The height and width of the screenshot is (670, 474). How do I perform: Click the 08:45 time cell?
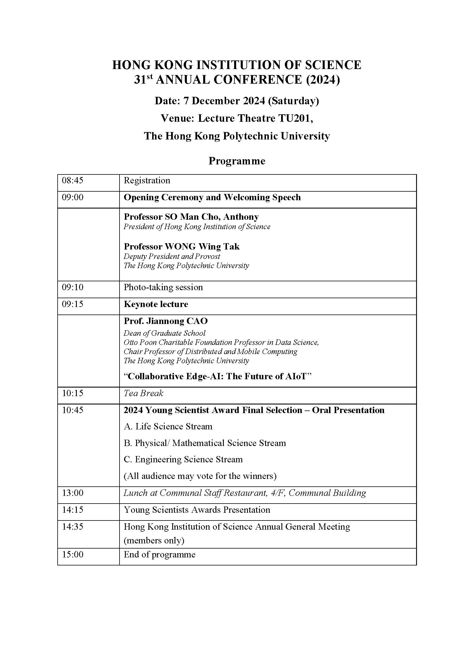pos(73,180)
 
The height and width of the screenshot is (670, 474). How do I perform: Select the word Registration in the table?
pos(147,180)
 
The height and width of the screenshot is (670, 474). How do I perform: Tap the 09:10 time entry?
pos(73,287)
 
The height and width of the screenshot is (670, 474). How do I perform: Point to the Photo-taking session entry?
pos(163,287)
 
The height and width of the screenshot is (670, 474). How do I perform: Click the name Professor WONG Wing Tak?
pos(181,247)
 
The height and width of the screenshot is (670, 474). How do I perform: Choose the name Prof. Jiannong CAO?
pos(165,321)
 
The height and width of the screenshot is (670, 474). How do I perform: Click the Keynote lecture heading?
pos(156,304)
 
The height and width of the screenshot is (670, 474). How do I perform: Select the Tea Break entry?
pos(143,393)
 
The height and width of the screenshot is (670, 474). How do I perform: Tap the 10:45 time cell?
pos(73,410)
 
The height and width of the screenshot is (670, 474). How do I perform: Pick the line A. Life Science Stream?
pos(168,426)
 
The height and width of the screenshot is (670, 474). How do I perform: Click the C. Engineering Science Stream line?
pos(183,459)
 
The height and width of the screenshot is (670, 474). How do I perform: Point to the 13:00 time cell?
pos(73,493)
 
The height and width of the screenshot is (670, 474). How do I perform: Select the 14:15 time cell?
pos(73,510)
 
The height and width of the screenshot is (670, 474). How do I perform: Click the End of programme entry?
pos(159,555)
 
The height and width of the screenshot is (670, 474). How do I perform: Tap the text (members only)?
pos(154,541)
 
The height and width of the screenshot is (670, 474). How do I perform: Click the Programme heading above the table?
pos(237,161)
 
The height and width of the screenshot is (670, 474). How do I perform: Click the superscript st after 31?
pos(150,77)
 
